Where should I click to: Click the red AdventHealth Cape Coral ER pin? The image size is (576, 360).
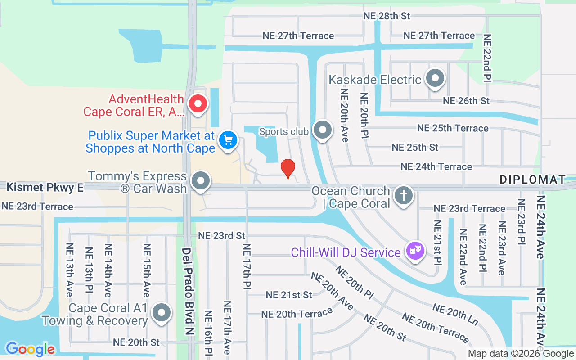(198, 104)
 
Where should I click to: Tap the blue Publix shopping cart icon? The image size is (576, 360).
(228, 140)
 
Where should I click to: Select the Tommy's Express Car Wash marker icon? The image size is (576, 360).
(201, 181)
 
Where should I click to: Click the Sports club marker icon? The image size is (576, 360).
(322, 130)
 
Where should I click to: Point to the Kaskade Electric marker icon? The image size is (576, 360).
(435, 78)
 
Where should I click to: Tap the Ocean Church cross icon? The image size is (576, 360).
(404, 196)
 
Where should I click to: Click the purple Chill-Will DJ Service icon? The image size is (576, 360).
(415, 250)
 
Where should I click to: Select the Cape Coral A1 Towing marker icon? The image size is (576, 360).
(162, 312)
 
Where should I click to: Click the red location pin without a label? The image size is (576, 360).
(288, 168)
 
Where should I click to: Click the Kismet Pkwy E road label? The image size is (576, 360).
(45, 187)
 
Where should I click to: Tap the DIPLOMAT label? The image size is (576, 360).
(533, 180)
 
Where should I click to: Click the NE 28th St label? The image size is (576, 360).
(387, 16)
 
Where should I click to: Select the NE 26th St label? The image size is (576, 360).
(466, 101)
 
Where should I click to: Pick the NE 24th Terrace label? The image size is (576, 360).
(436, 166)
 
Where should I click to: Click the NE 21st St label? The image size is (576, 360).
(289, 295)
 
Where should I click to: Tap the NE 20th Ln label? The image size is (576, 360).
(455, 314)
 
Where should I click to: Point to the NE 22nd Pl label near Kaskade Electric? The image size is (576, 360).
(487, 59)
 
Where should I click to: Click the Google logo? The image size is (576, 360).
(30, 349)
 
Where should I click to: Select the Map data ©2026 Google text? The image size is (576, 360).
(521, 354)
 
